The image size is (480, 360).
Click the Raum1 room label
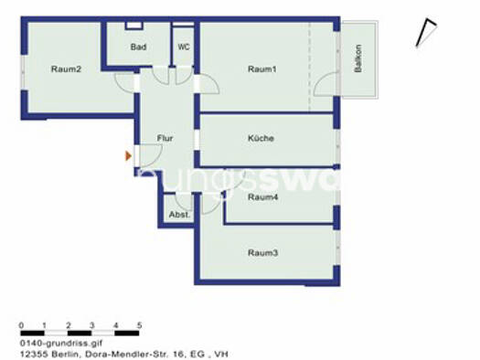pos(261,69)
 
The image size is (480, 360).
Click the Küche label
pos(261,139)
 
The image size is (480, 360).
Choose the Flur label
pos(165,139)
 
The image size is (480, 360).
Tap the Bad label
pos(138,47)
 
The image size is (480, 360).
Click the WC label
pos(184,47)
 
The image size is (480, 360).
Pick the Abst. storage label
pos(178,216)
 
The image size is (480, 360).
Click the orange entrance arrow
pos(129,156)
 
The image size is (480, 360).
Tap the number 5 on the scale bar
pos(139,325)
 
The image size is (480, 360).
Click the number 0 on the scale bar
pos(21,325)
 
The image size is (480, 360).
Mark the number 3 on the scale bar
pos(91,325)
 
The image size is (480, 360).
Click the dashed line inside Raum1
pos(309,69)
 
